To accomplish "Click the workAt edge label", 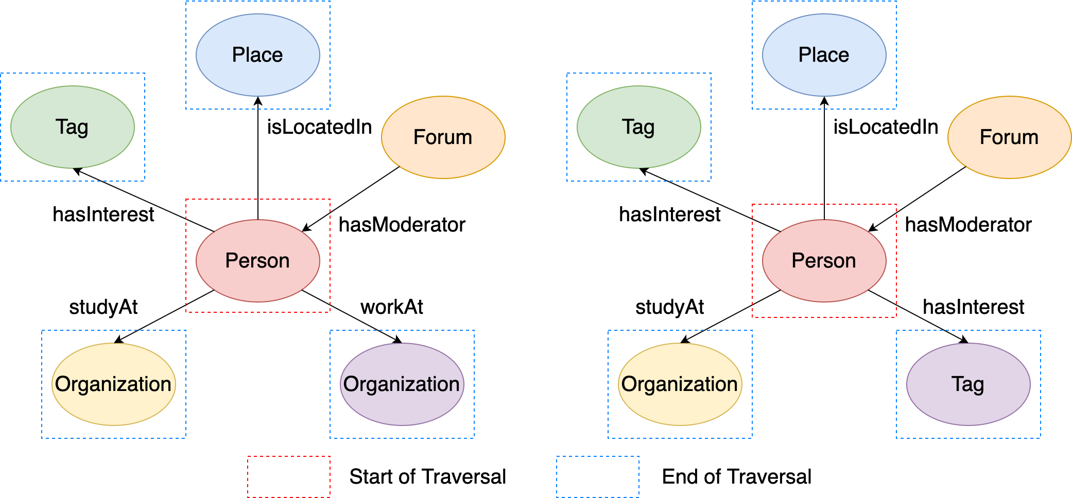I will pyautogui.click(x=391, y=307).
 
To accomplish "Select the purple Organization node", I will pyautogui.click(x=402, y=384).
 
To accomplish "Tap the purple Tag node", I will pyautogui.click(x=968, y=384).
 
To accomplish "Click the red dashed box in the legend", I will pyautogui.click(x=288, y=476).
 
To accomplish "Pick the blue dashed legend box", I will pyautogui.click(x=597, y=476).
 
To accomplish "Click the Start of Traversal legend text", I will pyautogui.click(x=427, y=476).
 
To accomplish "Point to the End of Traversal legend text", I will pyautogui.click(x=736, y=476).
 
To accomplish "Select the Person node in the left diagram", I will pyautogui.click(x=257, y=260).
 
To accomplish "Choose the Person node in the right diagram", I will pyautogui.click(x=824, y=260).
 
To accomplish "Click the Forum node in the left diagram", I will pyautogui.click(x=443, y=137).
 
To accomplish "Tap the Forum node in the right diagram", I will pyautogui.click(x=1009, y=137).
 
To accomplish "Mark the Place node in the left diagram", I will pyautogui.click(x=257, y=55).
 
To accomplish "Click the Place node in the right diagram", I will pyautogui.click(x=824, y=55).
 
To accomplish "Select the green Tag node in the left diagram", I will pyautogui.click(x=72, y=127).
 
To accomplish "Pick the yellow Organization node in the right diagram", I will pyautogui.click(x=680, y=384).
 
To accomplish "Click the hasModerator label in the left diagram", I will pyautogui.click(x=402, y=225).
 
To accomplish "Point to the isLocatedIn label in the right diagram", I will pyautogui.click(x=886, y=127).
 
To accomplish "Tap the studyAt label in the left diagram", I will pyautogui.click(x=103, y=307).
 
